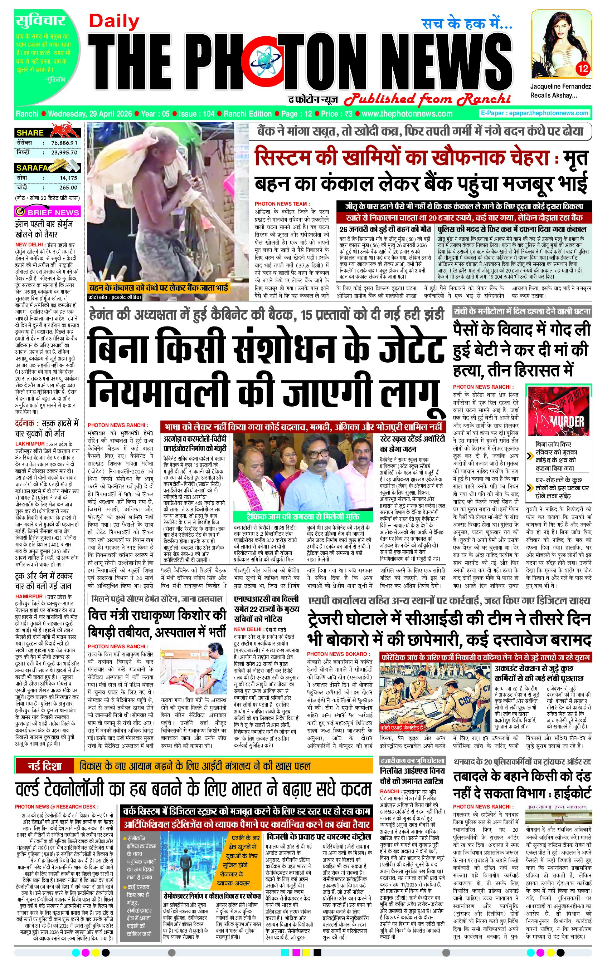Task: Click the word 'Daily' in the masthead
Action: [114, 22]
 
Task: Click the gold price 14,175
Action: [68, 178]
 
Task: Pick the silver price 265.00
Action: [68, 187]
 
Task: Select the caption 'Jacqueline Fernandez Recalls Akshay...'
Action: [560, 90]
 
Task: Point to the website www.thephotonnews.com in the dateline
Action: [407, 114]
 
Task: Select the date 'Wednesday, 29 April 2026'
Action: [89, 114]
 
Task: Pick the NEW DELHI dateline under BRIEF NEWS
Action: [29, 244]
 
